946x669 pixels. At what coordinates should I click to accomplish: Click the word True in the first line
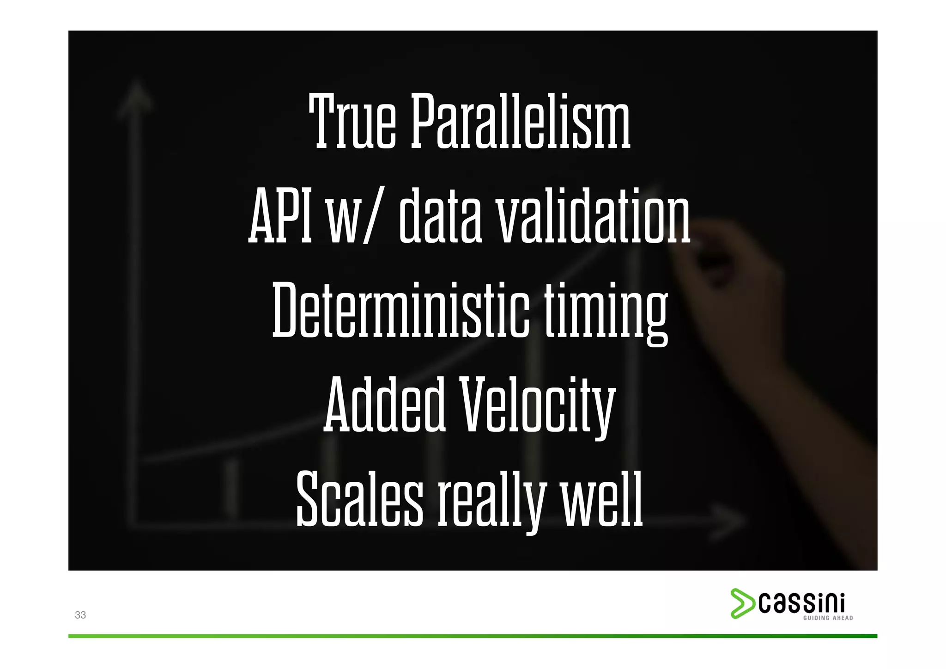(352, 121)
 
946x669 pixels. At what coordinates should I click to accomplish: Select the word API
(280, 216)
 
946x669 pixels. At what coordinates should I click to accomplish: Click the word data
(440, 216)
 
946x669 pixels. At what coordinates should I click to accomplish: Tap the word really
(491, 501)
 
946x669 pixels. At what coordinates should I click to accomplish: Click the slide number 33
(80, 615)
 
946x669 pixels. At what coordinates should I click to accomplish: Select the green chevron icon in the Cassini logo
(742, 603)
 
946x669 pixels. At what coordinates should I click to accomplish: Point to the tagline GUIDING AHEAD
(828, 618)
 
